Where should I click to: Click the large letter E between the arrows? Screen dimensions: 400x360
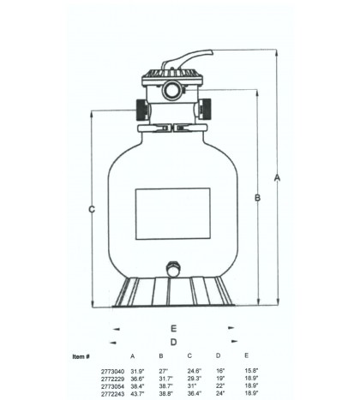[x=173, y=328]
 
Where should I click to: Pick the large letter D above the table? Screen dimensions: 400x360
[x=173, y=341]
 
